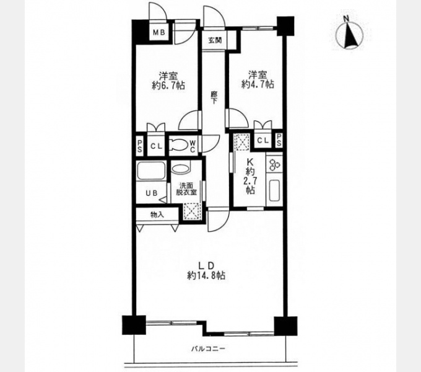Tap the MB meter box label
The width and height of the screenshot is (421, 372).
tap(159, 32)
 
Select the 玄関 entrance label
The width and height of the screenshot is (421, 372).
tap(215, 40)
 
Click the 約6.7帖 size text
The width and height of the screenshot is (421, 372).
tap(168, 86)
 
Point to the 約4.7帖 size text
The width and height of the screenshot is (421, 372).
tap(258, 84)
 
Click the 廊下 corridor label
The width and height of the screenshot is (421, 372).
tap(214, 97)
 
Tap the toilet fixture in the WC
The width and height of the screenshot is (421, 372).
tap(178, 145)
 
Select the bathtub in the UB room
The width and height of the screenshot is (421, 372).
tap(150, 170)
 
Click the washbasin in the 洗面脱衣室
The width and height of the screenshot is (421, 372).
tap(180, 169)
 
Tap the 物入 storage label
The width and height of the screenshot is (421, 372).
tap(157, 215)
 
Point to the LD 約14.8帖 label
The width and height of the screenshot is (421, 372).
tap(206, 271)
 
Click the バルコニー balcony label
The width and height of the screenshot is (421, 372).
tap(209, 349)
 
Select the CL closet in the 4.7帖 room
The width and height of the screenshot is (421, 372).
tap(263, 140)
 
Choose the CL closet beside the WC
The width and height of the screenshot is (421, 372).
tap(156, 146)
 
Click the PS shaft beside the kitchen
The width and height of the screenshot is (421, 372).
tap(279, 141)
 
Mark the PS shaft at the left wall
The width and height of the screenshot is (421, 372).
tap(140, 146)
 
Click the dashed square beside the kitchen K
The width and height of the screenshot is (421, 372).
tap(241, 141)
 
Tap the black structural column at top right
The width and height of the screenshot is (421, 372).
tap(285, 26)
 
